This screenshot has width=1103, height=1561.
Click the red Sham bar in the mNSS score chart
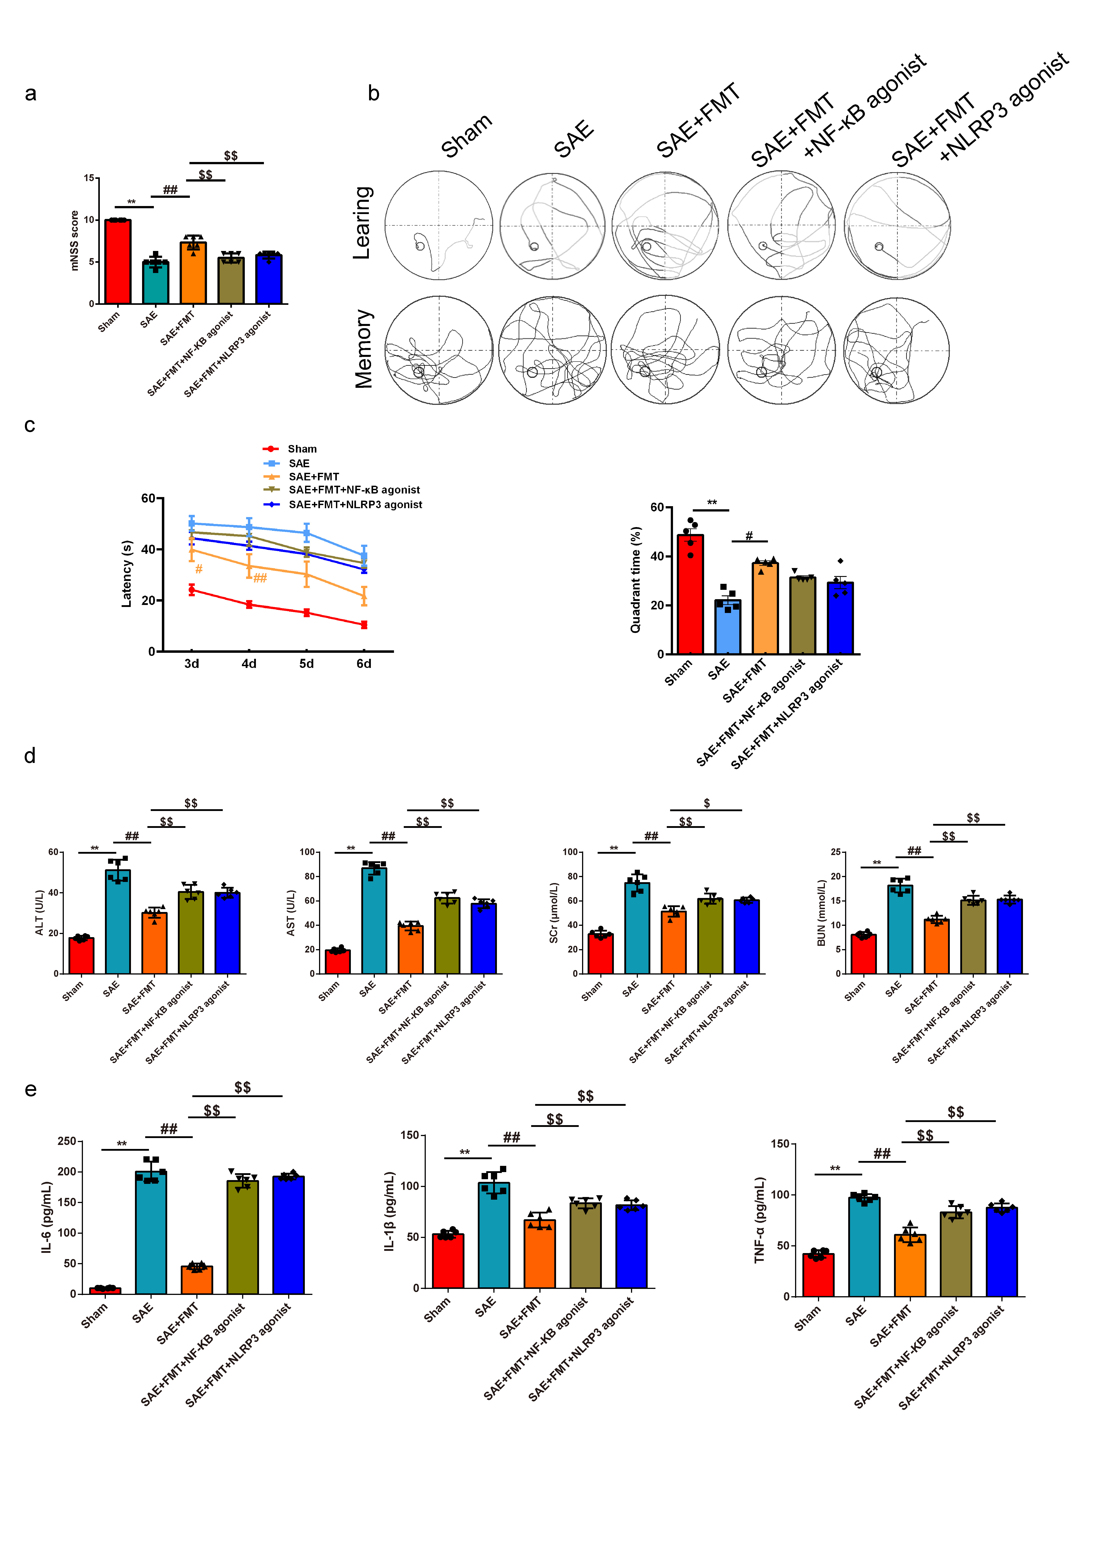pos(118,262)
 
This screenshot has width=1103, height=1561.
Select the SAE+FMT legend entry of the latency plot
pos(313,477)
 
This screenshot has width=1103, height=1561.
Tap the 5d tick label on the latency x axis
pos(307,663)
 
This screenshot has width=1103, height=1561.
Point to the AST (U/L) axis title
pos(291,912)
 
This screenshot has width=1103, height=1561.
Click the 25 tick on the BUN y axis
pos(835,852)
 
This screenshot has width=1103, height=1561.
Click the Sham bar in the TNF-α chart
pos(818,1275)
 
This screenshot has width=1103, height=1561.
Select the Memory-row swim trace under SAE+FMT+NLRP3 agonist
pos(896,351)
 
